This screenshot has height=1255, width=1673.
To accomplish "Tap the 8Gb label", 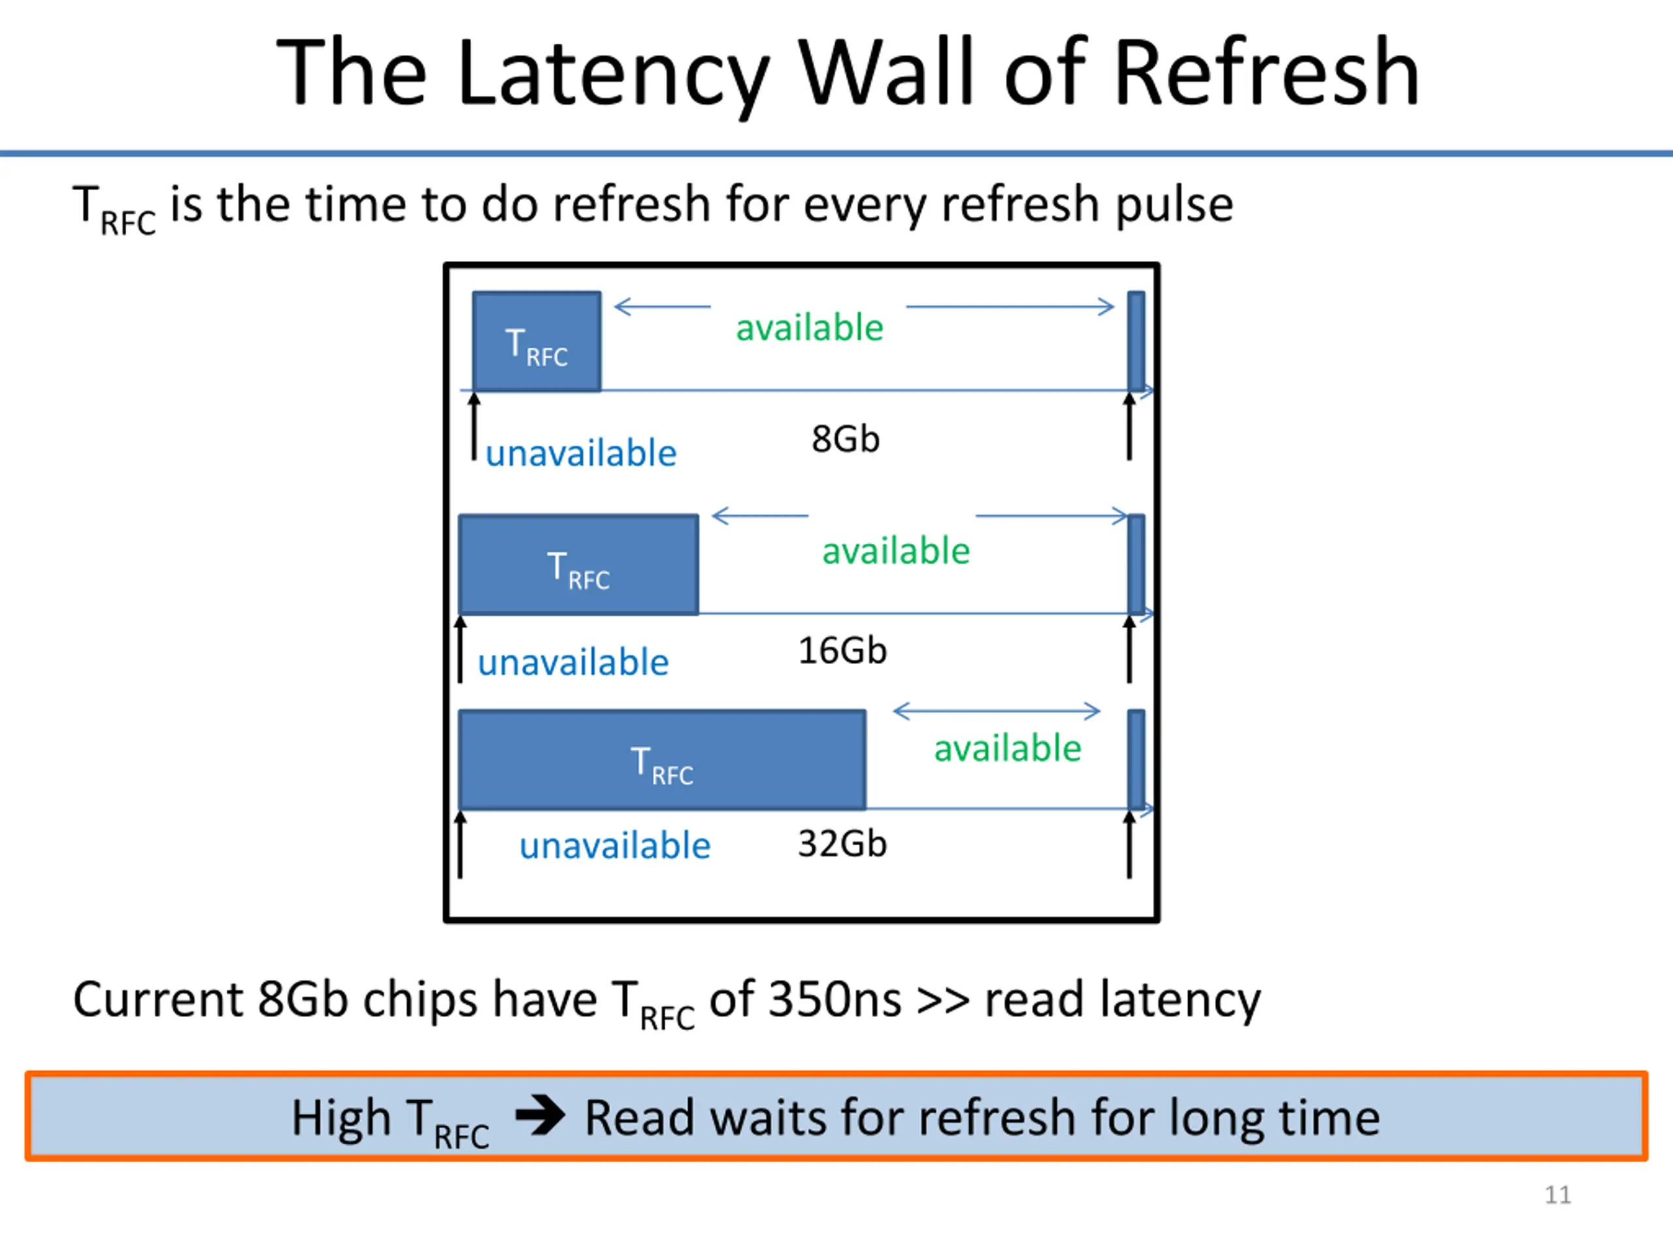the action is [846, 439].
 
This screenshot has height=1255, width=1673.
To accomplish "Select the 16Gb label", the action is [842, 650].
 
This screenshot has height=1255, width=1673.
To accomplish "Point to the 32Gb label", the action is [842, 843].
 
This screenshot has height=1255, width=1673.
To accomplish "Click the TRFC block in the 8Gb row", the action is [537, 341].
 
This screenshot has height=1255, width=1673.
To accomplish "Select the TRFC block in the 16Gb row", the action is [578, 564].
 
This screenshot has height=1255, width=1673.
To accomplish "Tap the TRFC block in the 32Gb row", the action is [662, 760].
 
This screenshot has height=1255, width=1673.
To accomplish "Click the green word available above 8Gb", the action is [809, 327].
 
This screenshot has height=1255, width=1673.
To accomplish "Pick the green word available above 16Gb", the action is [895, 551].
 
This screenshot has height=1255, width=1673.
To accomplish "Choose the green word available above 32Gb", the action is [1008, 748].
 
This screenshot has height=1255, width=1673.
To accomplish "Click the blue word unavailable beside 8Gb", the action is [581, 453].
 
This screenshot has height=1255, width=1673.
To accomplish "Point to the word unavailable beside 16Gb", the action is [573, 662].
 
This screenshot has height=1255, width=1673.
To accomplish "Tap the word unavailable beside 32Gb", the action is [615, 845].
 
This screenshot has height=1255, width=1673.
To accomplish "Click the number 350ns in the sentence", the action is [835, 999].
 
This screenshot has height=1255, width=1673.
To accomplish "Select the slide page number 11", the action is [1557, 1194].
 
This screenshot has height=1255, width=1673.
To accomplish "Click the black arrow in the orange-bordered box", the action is [540, 1115].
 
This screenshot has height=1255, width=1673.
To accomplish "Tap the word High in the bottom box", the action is [341, 1119].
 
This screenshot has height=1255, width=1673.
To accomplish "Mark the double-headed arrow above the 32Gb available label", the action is [997, 711].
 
